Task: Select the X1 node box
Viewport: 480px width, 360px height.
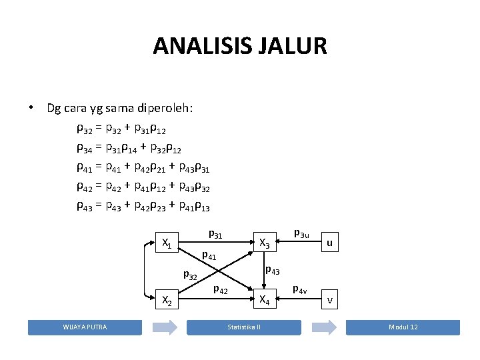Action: (167, 244)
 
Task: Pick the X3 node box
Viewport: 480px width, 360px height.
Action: (265, 244)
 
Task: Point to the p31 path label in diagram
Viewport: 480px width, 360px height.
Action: (215, 235)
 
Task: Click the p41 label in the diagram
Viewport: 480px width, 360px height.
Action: (209, 255)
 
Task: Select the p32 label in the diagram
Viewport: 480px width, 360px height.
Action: (190, 275)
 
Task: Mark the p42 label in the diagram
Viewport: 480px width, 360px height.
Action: (220, 289)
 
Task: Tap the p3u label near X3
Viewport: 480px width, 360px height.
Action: (301, 233)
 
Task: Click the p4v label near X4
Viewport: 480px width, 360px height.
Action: (300, 289)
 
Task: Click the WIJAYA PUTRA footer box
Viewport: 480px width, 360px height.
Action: (85, 327)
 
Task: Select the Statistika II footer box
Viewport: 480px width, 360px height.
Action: (244, 327)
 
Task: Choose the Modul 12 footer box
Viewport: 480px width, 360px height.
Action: (403, 327)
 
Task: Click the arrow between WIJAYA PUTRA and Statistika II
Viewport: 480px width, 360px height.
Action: (165, 327)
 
